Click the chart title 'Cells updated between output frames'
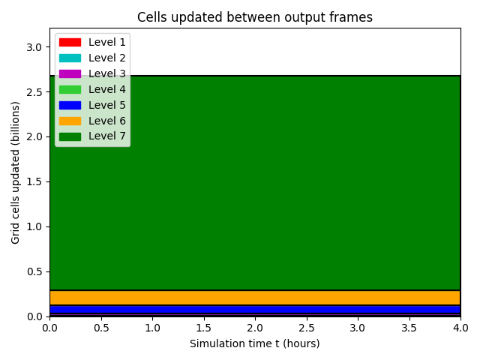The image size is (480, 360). (255, 17)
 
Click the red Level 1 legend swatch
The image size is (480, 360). (70, 42)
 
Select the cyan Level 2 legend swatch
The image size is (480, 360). (70, 58)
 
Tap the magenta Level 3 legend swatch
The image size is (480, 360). (70, 73)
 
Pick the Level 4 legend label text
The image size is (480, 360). (107, 89)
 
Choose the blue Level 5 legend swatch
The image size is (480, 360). (70, 105)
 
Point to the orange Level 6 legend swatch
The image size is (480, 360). (70, 121)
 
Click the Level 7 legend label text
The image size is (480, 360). (107, 136)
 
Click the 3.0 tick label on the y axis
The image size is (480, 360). (34, 47)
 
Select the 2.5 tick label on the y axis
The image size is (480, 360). (34, 92)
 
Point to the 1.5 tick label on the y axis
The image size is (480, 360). (34, 181)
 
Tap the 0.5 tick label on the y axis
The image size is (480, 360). (34, 271)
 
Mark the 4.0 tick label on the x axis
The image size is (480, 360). (460, 328)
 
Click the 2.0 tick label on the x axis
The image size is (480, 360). (255, 328)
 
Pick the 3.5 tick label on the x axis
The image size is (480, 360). (409, 328)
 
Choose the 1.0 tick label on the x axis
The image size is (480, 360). (152, 328)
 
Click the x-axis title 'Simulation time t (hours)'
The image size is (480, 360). (255, 343)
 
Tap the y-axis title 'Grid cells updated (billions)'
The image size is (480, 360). (15, 172)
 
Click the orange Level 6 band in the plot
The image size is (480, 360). (255, 298)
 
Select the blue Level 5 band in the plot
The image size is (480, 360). (255, 309)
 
